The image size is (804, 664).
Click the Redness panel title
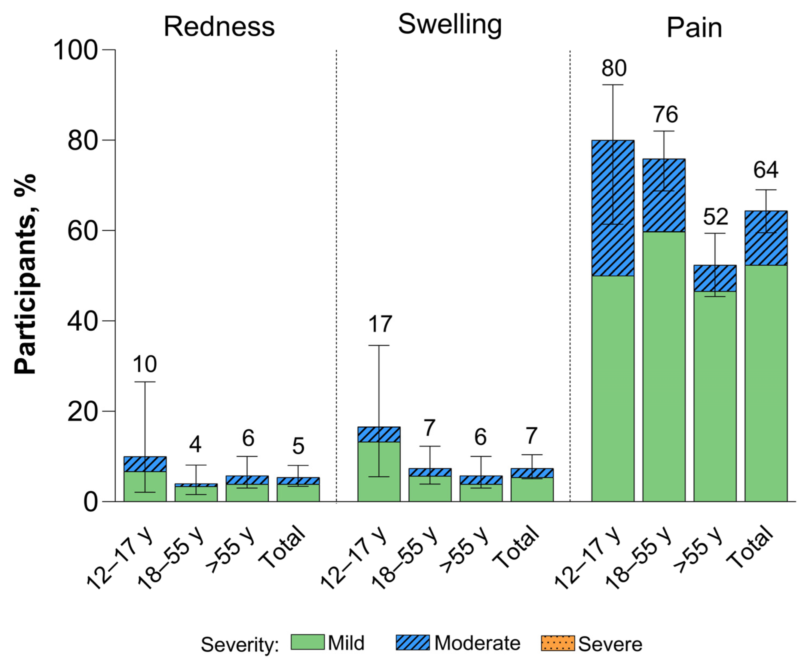point(219,27)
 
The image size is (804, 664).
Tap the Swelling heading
point(450,24)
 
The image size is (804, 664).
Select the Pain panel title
point(694,28)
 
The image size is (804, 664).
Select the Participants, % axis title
point(25,274)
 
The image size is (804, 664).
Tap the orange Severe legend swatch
point(557,643)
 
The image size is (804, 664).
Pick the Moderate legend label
point(477,643)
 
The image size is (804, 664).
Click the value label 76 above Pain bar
point(665,114)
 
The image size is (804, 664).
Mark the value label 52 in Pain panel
point(715,217)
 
